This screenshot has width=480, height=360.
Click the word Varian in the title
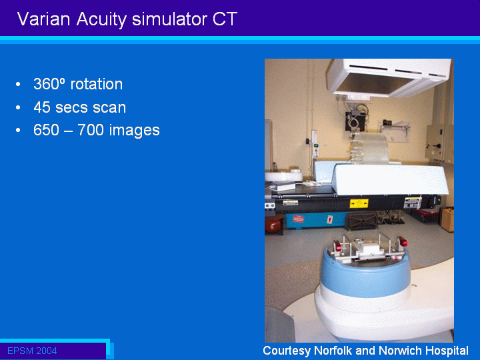[x=44, y=19]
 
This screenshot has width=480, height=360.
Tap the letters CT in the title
[x=225, y=19]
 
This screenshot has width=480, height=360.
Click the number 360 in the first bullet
[x=48, y=84]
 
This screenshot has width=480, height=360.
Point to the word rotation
[x=97, y=84]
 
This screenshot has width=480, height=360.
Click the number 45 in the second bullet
[x=42, y=107]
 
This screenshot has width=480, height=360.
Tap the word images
[x=135, y=131]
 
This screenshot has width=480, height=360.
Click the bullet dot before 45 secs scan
[x=18, y=107]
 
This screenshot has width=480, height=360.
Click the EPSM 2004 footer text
[x=32, y=351]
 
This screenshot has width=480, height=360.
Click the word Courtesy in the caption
[x=287, y=351]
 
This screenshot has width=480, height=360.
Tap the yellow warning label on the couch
[x=359, y=203]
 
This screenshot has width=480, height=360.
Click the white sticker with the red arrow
[x=330, y=219]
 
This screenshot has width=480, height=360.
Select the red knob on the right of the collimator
[x=403, y=242]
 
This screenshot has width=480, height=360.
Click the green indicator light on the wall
[x=316, y=145]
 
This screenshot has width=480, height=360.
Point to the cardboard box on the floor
[x=447, y=219]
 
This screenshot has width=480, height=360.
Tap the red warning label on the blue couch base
[x=299, y=219]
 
